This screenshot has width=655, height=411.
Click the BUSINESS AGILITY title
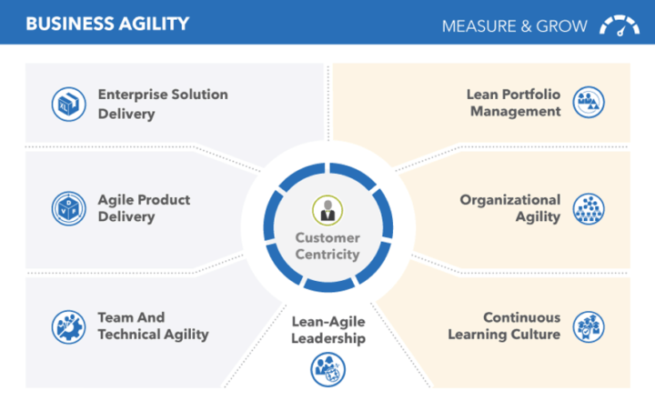click(x=107, y=24)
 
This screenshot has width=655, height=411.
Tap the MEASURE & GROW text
click(x=515, y=26)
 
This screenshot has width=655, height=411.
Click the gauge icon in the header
click(x=620, y=25)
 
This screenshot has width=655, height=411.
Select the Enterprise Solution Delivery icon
click(x=69, y=104)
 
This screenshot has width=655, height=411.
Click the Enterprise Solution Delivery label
click(x=163, y=104)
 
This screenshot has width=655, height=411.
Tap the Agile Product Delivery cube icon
click(x=69, y=208)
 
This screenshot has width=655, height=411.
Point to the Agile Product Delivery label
click(x=144, y=208)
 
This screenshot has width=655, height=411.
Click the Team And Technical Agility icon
click(x=69, y=326)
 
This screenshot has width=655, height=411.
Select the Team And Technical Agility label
click(x=153, y=326)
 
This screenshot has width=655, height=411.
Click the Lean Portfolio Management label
click(x=513, y=103)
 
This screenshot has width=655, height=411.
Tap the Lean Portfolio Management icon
click(x=589, y=102)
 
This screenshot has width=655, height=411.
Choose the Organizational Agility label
click(x=510, y=208)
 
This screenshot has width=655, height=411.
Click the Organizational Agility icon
click(x=589, y=209)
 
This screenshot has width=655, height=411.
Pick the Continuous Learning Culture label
click(x=504, y=326)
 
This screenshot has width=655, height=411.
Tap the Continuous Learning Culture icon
click(x=589, y=326)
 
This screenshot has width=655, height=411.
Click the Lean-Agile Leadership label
click(x=328, y=330)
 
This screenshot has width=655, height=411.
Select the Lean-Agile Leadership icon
click(x=327, y=369)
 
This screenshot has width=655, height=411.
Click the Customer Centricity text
click(x=327, y=246)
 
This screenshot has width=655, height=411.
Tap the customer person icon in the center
click(x=327, y=211)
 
